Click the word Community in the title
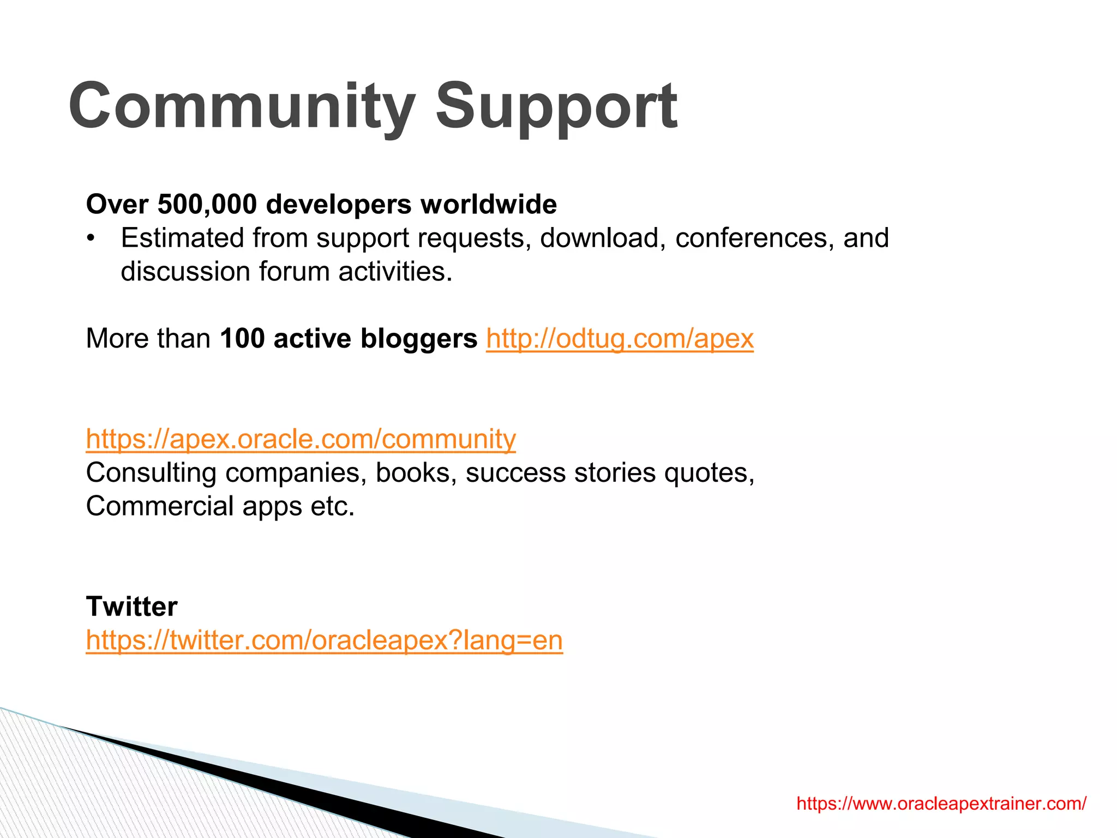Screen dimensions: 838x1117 coord(242,105)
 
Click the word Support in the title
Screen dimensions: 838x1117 coord(556,105)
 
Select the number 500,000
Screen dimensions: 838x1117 coord(207,204)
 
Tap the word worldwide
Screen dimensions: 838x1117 coord(489,204)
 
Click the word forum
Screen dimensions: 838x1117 coord(294,271)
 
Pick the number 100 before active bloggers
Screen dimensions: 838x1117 coord(242,338)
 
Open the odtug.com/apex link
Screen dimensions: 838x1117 coord(620,338)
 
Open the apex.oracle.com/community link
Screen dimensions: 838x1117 coord(301,439)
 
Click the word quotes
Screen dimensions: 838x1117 coord(708,472)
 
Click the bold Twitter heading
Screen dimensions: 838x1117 coord(131,606)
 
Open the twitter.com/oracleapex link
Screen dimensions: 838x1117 coord(324,640)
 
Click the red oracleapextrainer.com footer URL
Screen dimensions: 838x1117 coord(941,804)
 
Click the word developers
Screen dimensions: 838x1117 coord(339,204)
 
